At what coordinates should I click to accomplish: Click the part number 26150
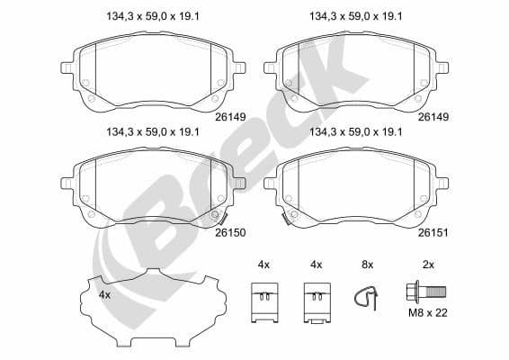tap(230, 230)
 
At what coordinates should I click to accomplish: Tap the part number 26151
tap(433, 230)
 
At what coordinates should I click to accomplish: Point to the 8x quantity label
tap(366, 265)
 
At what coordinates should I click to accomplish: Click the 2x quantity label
tap(428, 265)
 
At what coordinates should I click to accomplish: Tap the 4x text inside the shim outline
tap(104, 294)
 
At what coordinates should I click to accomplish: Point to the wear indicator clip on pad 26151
tap(285, 217)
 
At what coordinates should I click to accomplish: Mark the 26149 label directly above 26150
tap(230, 115)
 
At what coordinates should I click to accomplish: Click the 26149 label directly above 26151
tap(433, 115)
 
